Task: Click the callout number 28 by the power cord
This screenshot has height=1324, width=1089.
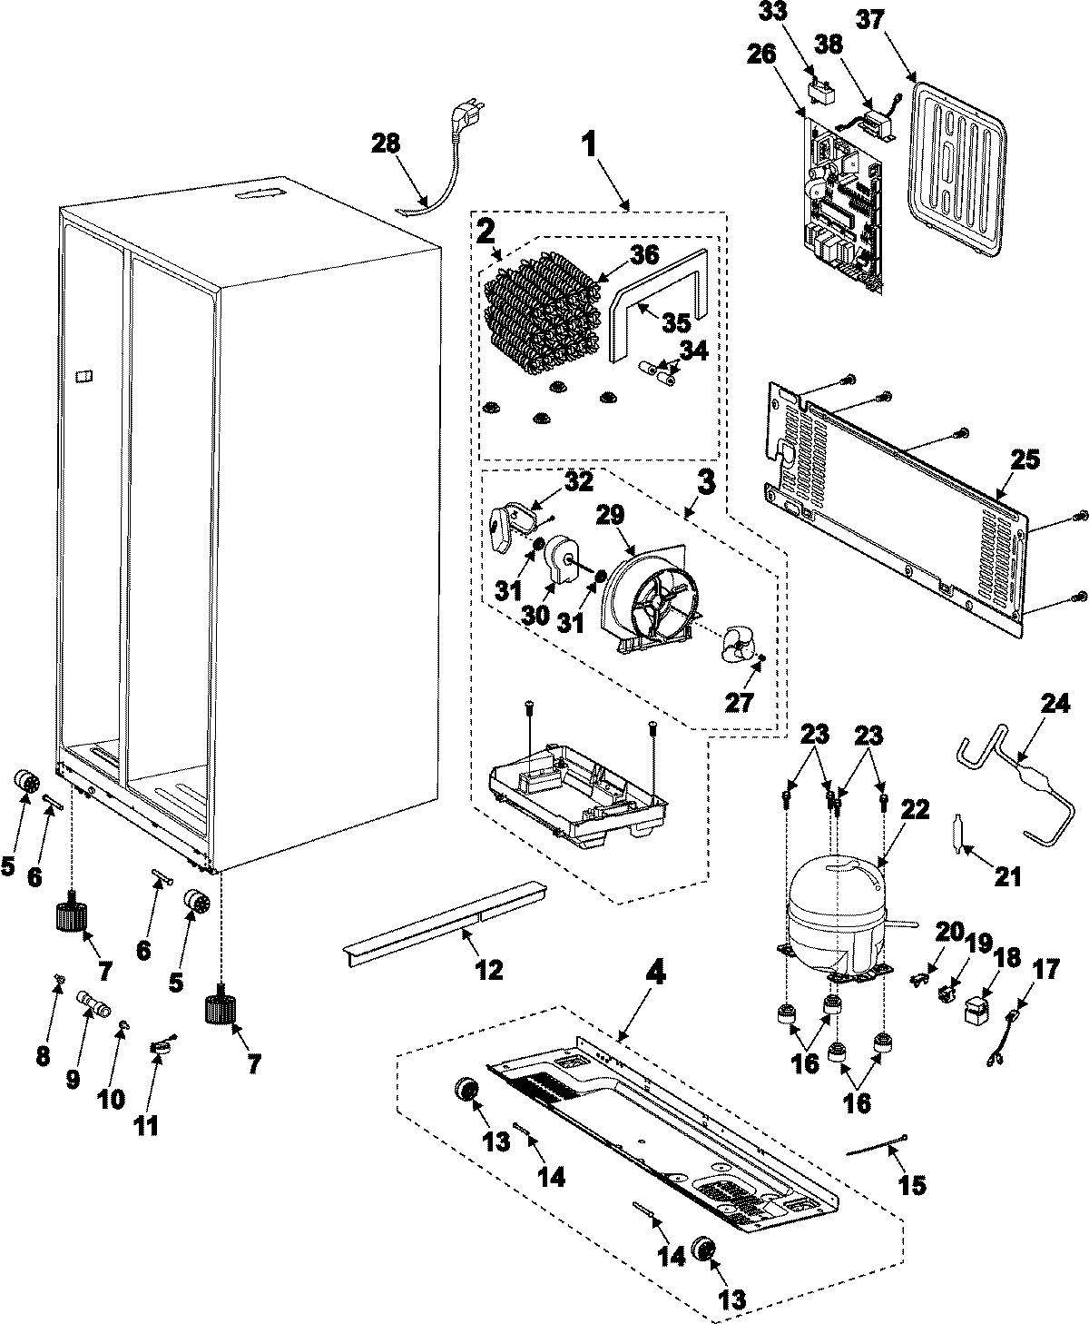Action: point(386,144)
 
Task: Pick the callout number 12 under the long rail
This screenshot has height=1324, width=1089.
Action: point(488,969)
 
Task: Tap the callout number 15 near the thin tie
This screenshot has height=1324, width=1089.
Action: point(912,1184)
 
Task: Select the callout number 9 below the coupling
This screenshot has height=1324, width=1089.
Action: point(74,1078)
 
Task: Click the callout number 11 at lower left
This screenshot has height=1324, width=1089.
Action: point(145,1125)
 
